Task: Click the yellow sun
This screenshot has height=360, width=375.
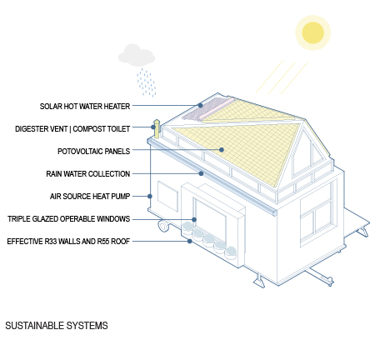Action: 312,32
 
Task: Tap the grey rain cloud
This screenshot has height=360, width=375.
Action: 137,55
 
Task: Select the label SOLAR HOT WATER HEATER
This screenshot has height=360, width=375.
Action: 85,107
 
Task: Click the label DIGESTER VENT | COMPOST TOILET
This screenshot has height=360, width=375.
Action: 72,129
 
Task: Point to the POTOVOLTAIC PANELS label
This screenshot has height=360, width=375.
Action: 93,152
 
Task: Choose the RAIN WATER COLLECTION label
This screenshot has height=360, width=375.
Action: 88,174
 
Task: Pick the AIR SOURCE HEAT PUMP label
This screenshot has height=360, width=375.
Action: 90,197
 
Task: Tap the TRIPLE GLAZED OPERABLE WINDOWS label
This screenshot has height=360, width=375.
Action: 68,219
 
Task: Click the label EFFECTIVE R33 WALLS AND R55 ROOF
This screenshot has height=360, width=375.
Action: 68,242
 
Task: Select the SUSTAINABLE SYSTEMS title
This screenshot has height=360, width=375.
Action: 57,326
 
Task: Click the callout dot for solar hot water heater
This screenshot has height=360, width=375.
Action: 200,106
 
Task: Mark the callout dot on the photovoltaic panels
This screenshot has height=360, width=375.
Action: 222,150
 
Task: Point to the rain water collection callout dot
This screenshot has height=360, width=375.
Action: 201,173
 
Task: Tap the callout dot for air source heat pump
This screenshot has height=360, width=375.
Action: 150,197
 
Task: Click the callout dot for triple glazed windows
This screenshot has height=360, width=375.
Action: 194,219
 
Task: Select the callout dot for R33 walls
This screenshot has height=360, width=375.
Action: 190,242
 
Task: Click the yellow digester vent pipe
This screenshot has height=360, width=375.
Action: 157,129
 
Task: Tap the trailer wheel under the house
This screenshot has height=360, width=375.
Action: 163,226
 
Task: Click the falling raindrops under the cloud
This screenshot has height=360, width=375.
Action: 146,82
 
